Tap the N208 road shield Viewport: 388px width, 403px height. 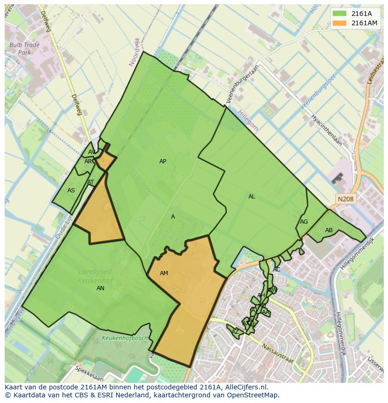345,199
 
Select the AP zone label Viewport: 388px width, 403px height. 163,161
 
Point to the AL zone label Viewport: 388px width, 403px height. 252,197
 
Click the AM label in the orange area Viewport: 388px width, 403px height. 164,273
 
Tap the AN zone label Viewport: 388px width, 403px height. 100,288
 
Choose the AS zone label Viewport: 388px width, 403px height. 71,191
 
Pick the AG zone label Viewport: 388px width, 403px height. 304,222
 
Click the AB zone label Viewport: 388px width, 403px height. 329,230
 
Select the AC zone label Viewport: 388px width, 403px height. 276,270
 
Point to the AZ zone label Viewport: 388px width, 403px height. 235,332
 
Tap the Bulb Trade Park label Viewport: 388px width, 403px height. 24,49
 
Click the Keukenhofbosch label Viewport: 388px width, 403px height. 125,338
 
